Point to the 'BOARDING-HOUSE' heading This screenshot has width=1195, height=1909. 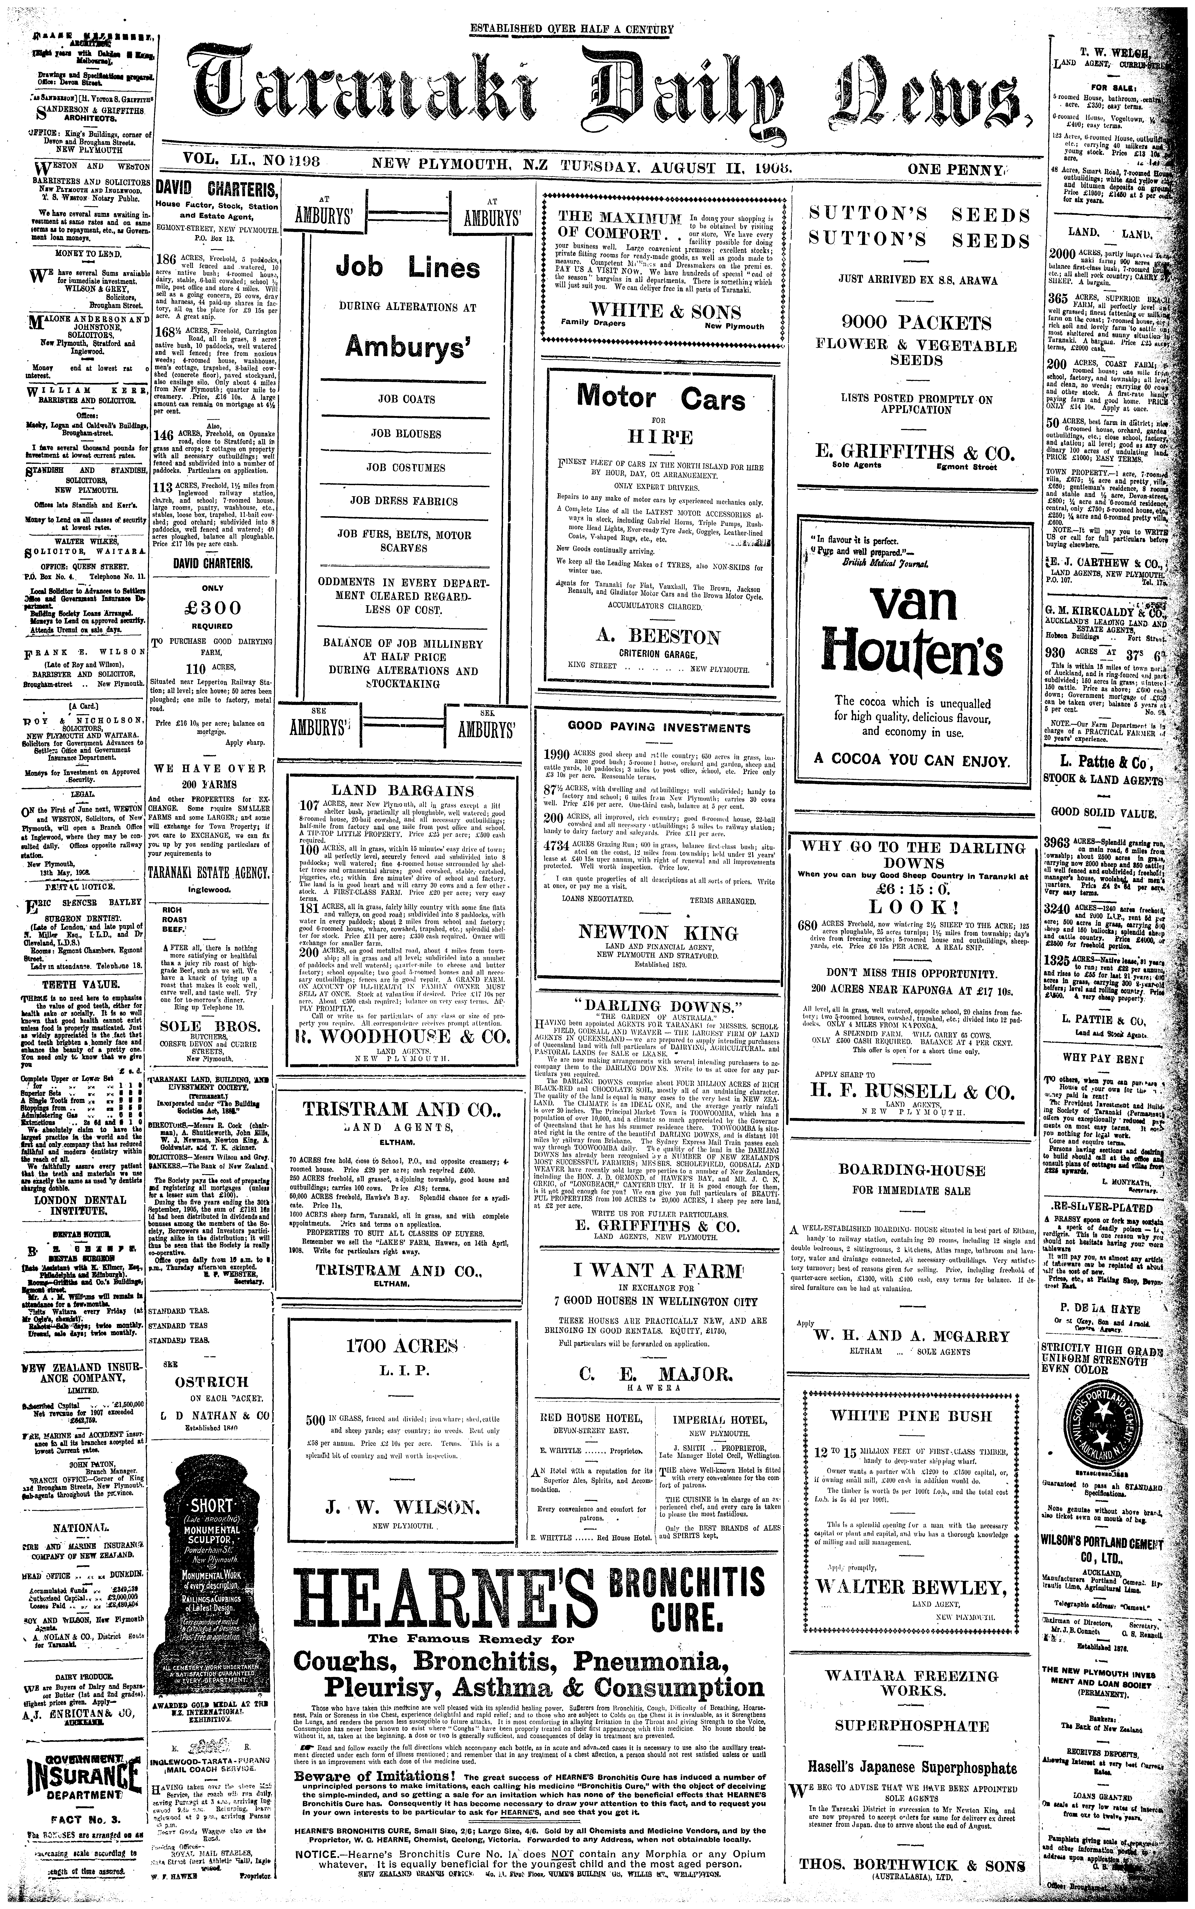[911, 1171]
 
